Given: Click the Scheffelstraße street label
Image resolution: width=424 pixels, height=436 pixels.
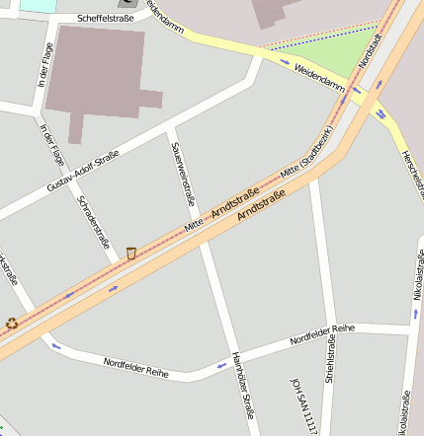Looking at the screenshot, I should click(105, 18).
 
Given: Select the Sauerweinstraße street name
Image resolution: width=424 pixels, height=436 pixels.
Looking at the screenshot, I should click(184, 173).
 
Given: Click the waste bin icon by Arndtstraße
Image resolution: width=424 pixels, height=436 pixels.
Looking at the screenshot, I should click(130, 254).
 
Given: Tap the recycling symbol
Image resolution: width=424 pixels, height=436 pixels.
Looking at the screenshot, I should click(12, 322).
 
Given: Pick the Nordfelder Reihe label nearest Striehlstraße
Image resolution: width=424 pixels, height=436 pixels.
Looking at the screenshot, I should click(322, 334).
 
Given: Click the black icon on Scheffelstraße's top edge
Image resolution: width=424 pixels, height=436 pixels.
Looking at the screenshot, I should click(127, 3).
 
